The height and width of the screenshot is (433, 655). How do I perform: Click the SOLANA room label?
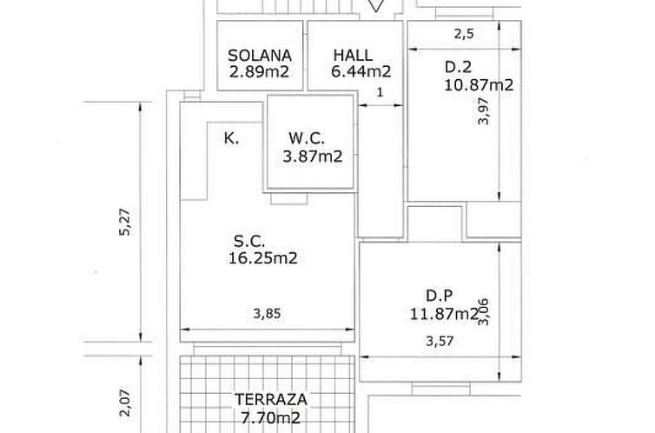pyautogui.click(x=260, y=56)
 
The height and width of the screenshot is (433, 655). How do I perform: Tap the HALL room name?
pyautogui.click(x=353, y=55)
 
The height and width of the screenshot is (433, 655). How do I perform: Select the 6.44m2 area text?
pyautogui.click(x=361, y=71)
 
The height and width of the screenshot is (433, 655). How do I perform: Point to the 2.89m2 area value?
pyautogui.click(x=259, y=72)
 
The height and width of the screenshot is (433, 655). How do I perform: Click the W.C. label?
pyautogui.click(x=306, y=137)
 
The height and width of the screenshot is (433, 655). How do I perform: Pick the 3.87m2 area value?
pyautogui.click(x=313, y=157)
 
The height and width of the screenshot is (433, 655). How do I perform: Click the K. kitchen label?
pyautogui.click(x=231, y=138)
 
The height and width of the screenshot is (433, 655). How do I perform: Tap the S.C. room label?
pyautogui.click(x=249, y=241)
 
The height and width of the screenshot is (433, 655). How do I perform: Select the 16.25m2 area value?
pyautogui.click(x=262, y=258)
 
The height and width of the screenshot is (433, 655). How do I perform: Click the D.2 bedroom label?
pyautogui.click(x=458, y=67)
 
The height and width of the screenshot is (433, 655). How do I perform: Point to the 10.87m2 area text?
pyautogui.click(x=479, y=85)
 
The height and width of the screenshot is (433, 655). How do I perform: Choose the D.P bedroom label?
pyautogui.click(x=439, y=296)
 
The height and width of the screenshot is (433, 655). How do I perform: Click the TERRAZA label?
pyautogui.click(x=271, y=400)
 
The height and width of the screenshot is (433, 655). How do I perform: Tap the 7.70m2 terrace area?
pyautogui.click(x=271, y=417)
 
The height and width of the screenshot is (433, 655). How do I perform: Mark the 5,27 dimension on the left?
pyautogui.click(x=125, y=222)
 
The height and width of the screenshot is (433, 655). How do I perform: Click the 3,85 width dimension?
pyautogui.click(x=267, y=314)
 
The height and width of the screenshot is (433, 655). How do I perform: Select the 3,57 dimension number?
pyautogui.click(x=440, y=341)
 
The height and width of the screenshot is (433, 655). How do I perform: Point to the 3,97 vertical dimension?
pyautogui.click(x=483, y=110)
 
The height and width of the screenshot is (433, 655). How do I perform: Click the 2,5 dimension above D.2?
pyautogui.click(x=464, y=34)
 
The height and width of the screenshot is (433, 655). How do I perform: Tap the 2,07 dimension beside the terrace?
pyautogui.click(x=125, y=403)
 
